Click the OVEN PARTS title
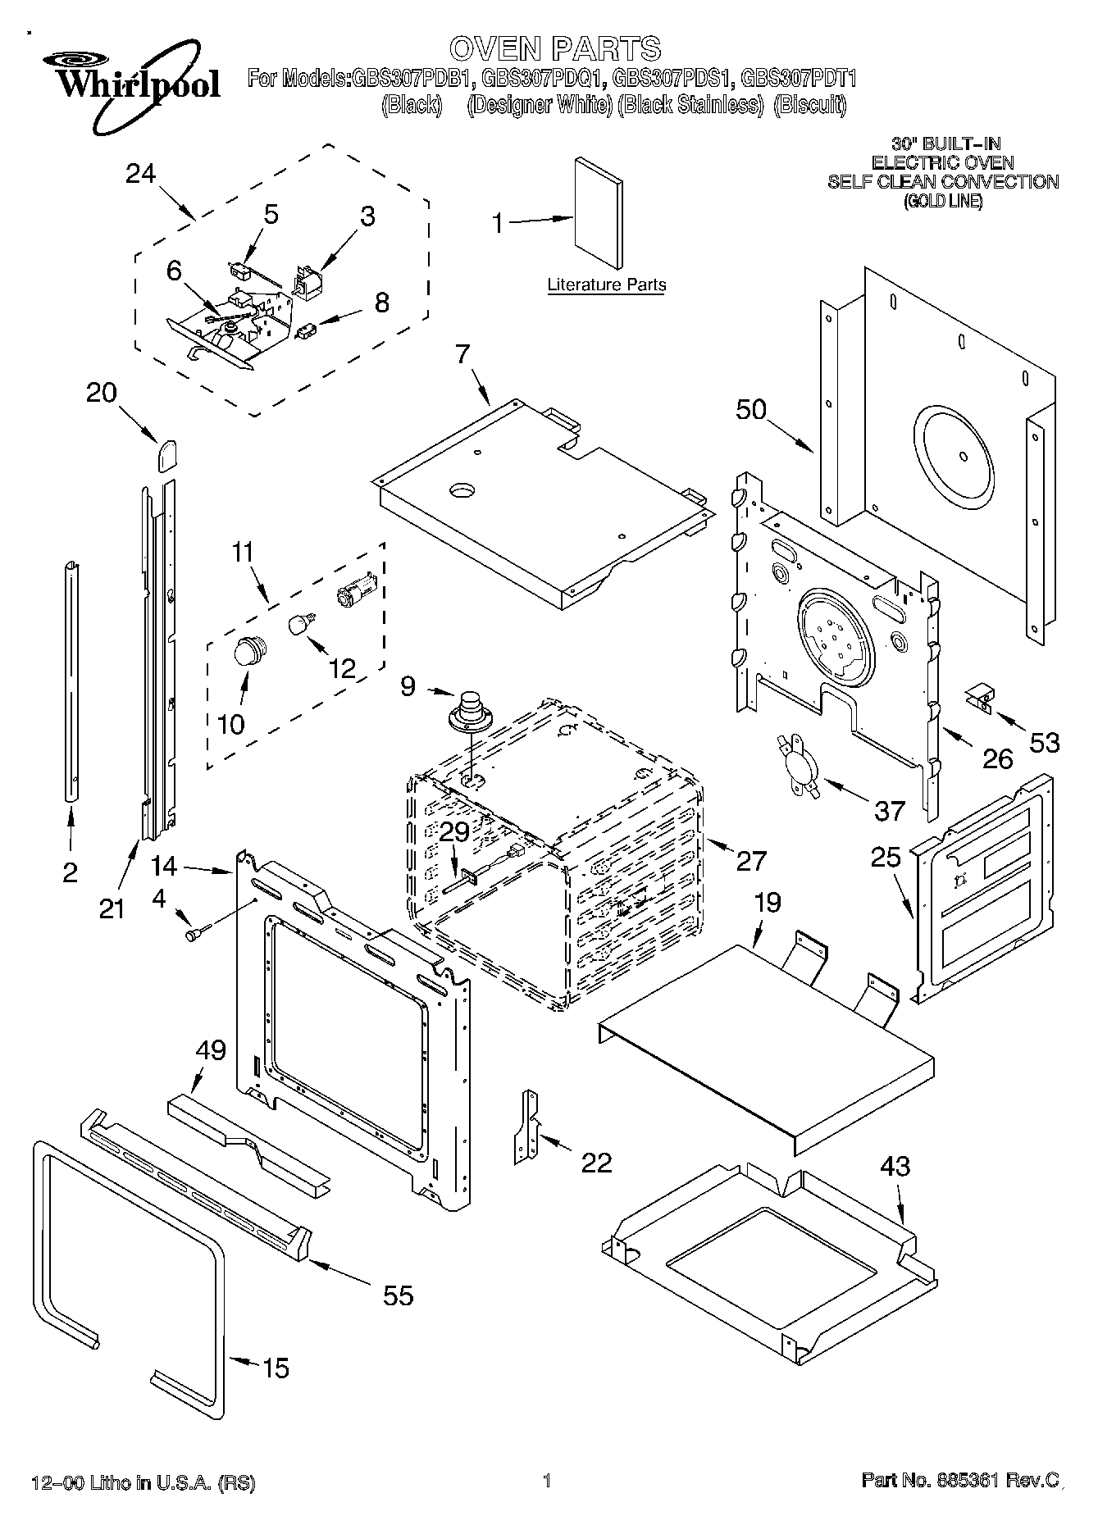point(554,49)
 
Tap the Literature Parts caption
point(606,285)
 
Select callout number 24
point(141,173)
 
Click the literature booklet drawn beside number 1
point(597,212)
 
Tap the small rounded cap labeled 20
point(167,453)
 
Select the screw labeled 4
point(198,931)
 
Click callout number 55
point(398,1295)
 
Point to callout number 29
point(454,832)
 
